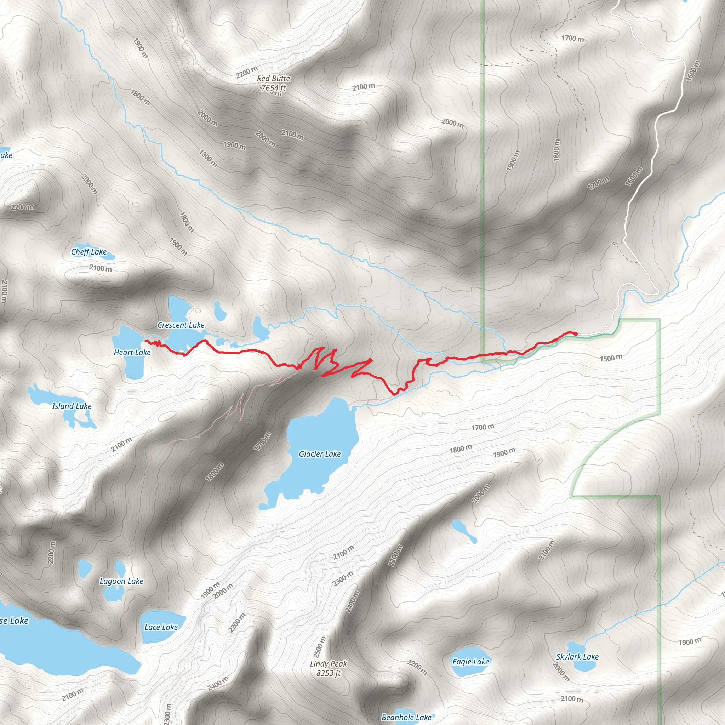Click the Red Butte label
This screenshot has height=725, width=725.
pos(273,79)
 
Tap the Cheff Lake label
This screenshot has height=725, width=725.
pos(89,252)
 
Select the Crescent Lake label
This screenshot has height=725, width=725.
pos(181,325)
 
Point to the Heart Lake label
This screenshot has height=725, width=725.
pos(132,352)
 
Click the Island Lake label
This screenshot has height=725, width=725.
pos(72,406)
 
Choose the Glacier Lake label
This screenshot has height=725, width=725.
pos(320,454)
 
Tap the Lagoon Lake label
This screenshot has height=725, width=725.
pos(121,581)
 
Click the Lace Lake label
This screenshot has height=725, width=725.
pos(161,627)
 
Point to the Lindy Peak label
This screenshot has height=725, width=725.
pos(329,664)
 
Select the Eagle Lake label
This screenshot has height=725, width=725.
pos(470,662)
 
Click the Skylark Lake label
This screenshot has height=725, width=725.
pos(577,657)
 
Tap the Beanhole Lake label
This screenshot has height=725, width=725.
pos(406,718)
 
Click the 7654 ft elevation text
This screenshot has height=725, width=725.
pos(273,88)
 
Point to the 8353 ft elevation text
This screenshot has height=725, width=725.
pos(329,673)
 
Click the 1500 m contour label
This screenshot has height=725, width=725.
pos(611,358)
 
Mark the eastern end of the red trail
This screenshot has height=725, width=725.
pos(576,333)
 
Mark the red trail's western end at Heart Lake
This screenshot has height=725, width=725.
pos(145,341)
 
